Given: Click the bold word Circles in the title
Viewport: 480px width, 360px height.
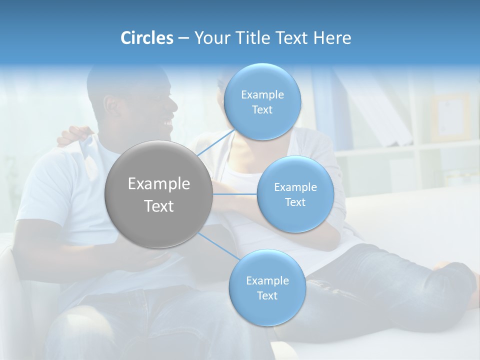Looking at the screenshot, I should point(146,38).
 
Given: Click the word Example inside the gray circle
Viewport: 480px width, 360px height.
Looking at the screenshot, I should point(159,184).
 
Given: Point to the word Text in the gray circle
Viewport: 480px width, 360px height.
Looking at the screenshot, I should point(159,206).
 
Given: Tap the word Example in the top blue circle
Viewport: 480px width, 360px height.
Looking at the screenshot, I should point(262,95).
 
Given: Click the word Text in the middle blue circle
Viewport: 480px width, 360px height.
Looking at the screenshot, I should point(295,202).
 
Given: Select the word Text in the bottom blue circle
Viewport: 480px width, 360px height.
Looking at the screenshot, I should point(267,296).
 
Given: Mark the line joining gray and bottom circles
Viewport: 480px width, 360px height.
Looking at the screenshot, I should point(219,246).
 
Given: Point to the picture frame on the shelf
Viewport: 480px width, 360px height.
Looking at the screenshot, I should point(450,117).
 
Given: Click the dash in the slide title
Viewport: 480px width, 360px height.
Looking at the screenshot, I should point(183,38).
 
